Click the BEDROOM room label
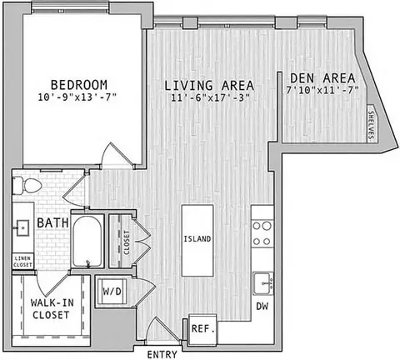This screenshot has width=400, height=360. coord(79,85)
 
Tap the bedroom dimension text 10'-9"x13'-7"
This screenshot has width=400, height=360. coord(77,97)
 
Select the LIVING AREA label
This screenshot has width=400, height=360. coord(209,85)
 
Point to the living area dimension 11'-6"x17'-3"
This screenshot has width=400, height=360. coord(210,98)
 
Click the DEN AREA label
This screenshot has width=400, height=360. coord(322,78)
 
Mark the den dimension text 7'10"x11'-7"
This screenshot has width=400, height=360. coord(322,90)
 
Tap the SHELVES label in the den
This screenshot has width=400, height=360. coord(371,125)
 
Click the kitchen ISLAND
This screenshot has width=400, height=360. coord(197,241)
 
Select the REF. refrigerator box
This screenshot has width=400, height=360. coord(202,329)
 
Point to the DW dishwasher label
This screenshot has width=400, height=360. coord(262,307)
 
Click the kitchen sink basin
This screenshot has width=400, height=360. coord(262,283)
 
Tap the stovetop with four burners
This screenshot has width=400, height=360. coord(262,233)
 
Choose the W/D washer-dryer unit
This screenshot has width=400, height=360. coord(112,292)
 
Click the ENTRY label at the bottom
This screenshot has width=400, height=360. coord(162,355)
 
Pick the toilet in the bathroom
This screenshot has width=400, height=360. coord(27,186)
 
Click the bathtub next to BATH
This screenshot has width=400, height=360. coord(87,241)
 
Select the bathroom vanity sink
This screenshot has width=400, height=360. coord(22,228)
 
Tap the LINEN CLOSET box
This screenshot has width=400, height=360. coord(22,262)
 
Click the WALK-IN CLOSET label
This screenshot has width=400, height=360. coord(51,308)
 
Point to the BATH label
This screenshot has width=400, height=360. coord(52,222)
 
